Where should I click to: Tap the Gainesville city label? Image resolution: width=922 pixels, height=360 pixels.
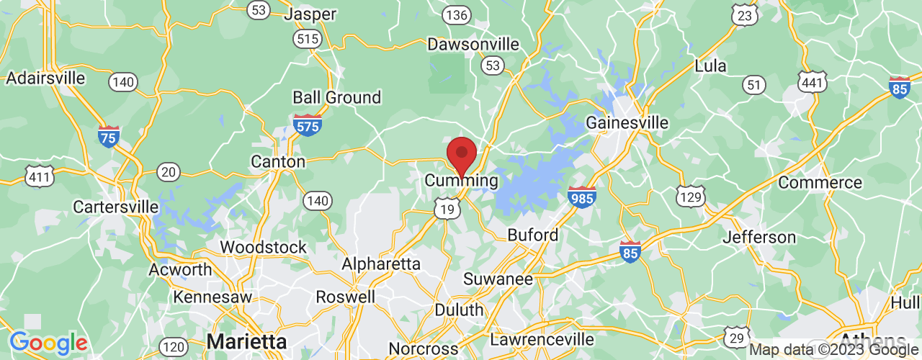pyautogui.click(x=627, y=123)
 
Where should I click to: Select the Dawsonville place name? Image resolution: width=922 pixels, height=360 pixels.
pyautogui.click(x=473, y=45)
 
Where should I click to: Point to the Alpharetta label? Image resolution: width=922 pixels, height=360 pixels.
pyautogui.click(x=380, y=264)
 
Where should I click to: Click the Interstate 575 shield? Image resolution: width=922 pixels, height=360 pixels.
pyautogui.click(x=308, y=125)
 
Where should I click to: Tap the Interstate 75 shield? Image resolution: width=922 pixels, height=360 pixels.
pyautogui.click(x=109, y=136)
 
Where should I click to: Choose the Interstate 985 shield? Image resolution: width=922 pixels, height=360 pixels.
pyautogui.click(x=581, y=197)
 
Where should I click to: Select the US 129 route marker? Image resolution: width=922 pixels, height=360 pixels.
pyautogui.click(x=690, y=195)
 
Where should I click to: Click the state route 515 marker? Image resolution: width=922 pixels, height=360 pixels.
pyautogui.click(x=308, y=39)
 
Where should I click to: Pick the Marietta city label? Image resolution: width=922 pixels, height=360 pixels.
pyautogui.click(x=246, y=341)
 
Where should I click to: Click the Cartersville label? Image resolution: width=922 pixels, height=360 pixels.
pyautogui.click(x=115, y=207)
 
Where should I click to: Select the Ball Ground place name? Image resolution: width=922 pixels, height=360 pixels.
pyautogui.click(x=336, y=97)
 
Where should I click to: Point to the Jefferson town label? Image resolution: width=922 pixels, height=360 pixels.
pyautogui.click(x=759, y=237)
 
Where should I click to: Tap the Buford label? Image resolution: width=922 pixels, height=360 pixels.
pyautogui.click(x=533, y=235)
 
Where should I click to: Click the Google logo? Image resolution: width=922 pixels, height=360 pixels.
pyautogui.click(x=48, y=343)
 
